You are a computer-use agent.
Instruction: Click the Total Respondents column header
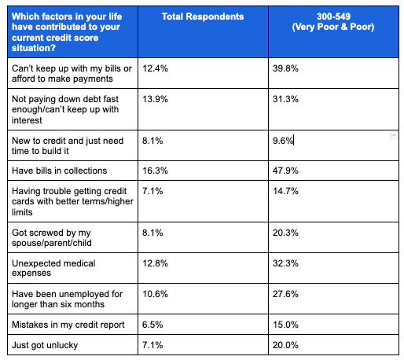tap(203, 17)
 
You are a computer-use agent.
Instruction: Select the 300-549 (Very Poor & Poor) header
tap(333, 21)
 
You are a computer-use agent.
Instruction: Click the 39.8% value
tap(285, 68)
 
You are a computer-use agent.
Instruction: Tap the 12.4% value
tap(155, 68)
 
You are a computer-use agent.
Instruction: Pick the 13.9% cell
tap(155, 99)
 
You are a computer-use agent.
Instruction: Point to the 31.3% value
tap(285, 99)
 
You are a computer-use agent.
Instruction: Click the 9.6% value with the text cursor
tap(283, 141)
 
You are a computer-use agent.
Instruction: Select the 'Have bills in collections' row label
tap(60, 171)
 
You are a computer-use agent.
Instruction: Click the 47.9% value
tap(285, 171)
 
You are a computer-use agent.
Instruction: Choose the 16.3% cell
tap(155, 171)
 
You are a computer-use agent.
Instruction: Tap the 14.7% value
tap(285, 191)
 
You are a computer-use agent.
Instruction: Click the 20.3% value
tap(285, 233)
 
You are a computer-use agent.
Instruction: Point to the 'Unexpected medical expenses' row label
tap(53, 268)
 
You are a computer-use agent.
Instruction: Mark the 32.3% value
tap(285, 263)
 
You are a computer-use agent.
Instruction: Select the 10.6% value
tap(155, 294)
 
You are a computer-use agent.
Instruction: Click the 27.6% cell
tap(285, 294)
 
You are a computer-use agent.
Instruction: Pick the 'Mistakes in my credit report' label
tap(68, 325)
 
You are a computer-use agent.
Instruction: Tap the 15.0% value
tap(285, 325)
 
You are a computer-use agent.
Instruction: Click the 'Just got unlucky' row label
tap(45, 345)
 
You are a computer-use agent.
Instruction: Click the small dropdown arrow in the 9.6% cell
tap(393, 135)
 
